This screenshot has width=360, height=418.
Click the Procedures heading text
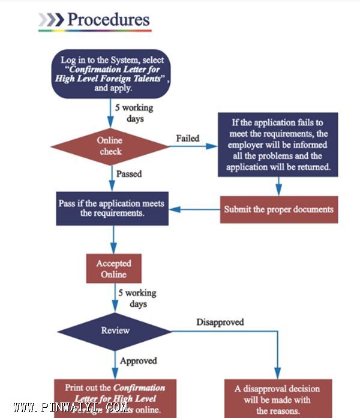108,19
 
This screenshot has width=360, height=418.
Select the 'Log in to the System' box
112,74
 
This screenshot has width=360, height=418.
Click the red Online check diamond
110,146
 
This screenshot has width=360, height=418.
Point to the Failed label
187,139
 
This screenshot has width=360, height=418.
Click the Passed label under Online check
130,174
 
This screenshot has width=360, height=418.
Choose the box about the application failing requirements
277,144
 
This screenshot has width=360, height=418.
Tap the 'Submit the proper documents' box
278,210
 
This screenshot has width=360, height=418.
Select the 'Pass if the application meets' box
112,208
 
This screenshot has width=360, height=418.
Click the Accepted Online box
113,269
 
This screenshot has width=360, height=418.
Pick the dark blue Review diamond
115,331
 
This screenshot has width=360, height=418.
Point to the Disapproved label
220,322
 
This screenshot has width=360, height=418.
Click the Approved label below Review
138,361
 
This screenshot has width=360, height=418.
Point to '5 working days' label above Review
137,299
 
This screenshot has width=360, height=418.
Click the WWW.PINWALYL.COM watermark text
71,408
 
